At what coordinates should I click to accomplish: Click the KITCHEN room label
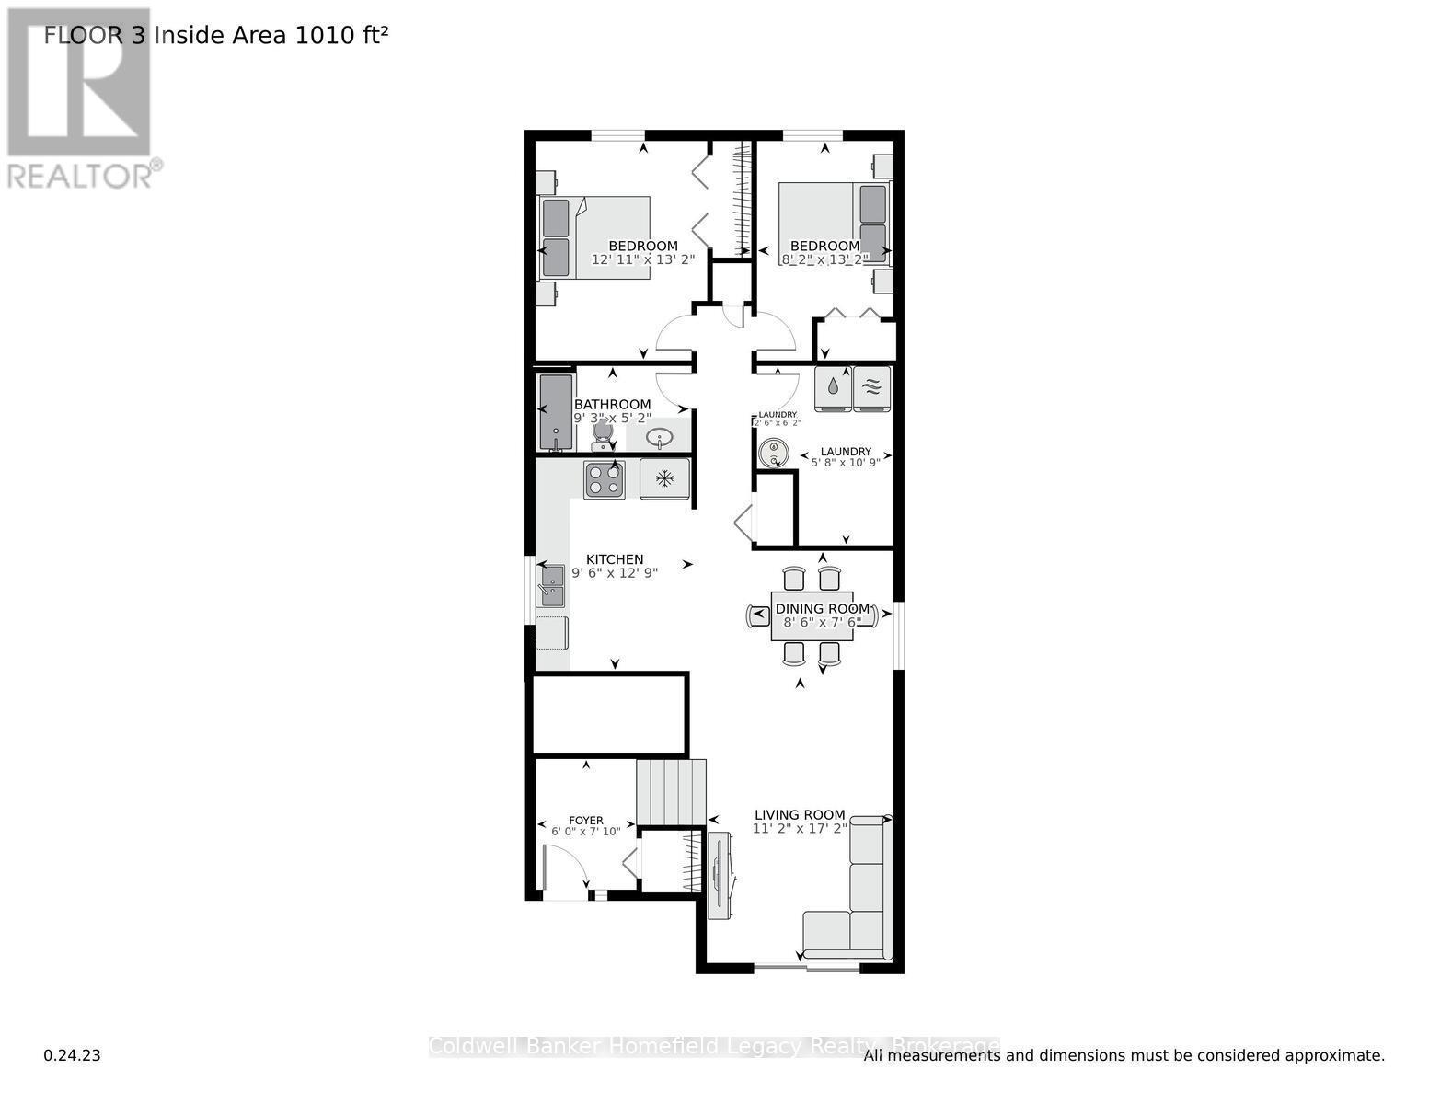pos(615,559)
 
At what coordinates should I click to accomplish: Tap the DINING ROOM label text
pos(822,609)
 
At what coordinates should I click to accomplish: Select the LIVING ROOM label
pos(800,814)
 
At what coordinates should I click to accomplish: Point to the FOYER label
pos(586,821)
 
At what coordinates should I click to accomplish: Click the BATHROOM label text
pos(612,405)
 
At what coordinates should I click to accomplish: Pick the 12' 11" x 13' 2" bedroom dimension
pos(642,260)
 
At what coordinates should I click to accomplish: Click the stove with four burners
pos(604,479)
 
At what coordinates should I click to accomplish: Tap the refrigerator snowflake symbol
pos(664,479)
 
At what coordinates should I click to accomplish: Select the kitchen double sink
pos(551,586)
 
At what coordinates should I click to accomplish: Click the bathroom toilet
pos(604,431)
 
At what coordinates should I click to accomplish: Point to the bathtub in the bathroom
pos(556,411)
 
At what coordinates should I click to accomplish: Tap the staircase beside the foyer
pos(672,792)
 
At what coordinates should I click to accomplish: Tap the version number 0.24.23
pos(72,1055)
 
